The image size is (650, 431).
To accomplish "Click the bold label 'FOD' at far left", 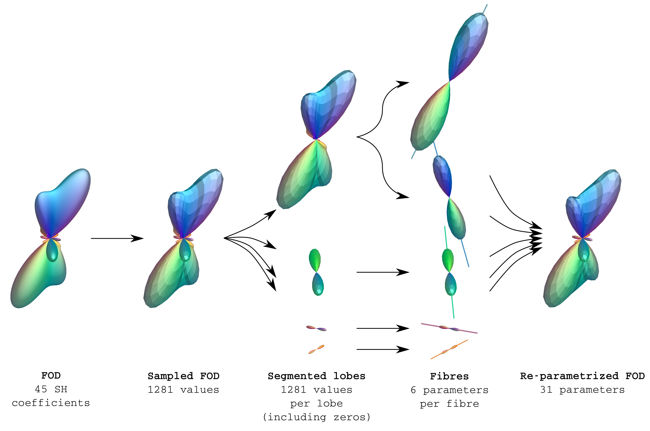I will (51, 376).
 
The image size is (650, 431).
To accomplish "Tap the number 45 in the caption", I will (41, 389).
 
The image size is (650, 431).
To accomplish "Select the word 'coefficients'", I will (51, 403).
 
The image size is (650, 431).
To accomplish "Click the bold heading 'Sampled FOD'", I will (183, 376).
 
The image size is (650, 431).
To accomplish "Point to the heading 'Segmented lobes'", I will (316, 376).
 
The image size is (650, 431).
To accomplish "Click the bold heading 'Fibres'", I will (449, 376).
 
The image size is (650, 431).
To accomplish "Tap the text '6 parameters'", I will (449, 390).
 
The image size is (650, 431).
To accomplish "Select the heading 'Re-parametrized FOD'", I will (582, 376).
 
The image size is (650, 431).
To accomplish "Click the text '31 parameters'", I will (582, 389).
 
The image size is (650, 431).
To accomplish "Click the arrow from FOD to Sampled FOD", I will (117, 238).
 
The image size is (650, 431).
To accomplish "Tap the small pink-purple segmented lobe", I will (316, 328).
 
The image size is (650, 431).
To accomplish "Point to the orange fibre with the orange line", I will (449, 349).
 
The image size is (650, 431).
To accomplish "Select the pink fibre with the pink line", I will (449, 328).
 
